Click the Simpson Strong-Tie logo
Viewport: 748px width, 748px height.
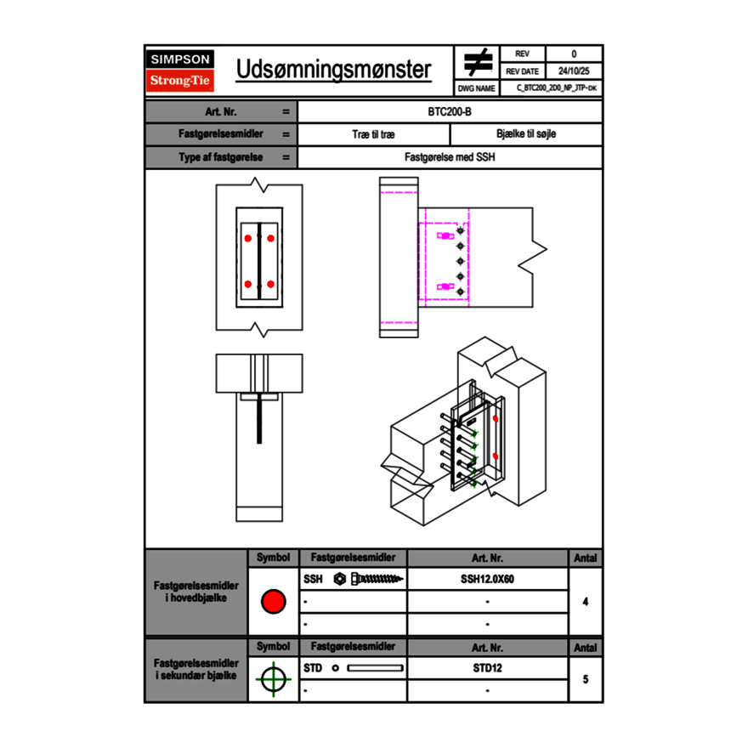click(180, 71)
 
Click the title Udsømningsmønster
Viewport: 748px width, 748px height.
click(333, 70)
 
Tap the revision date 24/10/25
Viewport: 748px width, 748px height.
click(573, 71)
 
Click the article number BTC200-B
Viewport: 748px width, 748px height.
click(450, 111)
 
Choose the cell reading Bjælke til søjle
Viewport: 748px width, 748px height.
click(525, 134)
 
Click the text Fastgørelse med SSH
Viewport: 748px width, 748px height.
click(450, 157)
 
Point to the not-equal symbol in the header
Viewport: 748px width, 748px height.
click(478, 62)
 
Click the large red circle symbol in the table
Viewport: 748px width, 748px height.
click(272, 602)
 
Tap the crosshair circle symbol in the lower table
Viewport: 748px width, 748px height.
click(272, 679)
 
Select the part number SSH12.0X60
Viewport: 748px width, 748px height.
click(487, 579)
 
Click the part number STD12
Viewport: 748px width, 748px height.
click(487, 668)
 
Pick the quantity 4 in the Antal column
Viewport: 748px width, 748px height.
click(586, 602)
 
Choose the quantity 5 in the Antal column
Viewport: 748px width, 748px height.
click(586, 679)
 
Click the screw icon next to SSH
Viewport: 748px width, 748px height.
click(370, 579)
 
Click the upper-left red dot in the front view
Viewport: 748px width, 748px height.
click(248, 237)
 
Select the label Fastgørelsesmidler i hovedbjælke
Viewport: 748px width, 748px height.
click(196, 592)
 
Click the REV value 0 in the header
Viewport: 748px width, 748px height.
click(573, 54)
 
